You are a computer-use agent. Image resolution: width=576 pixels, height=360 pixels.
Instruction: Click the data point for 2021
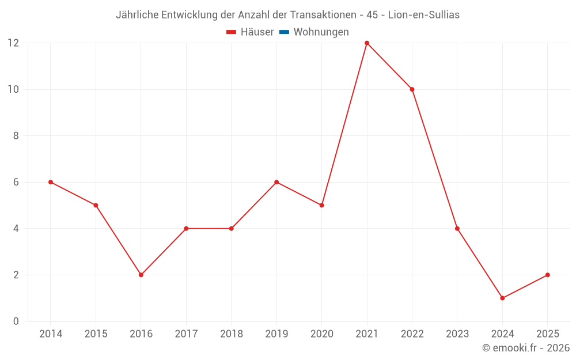[x=367, y=43]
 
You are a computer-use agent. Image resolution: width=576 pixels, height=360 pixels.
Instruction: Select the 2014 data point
[x=51, y=182]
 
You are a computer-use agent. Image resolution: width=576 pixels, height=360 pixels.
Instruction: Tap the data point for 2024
[x=502, y=298]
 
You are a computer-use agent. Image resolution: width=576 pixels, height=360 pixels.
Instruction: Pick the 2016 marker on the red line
[x=141, y=275]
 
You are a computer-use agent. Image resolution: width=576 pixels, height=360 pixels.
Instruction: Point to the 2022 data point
[x=412, y=89]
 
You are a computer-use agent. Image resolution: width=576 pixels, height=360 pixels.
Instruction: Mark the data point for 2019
[x=276, y=182]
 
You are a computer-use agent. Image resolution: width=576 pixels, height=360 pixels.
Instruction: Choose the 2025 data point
[x=547, y=275]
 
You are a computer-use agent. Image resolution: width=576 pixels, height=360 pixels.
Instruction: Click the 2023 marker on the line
[x=457, y=229]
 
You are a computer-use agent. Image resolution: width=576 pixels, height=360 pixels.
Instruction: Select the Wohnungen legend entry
[x=321, y=32]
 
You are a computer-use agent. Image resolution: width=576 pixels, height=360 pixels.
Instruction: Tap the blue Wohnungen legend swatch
[x=284, y=32]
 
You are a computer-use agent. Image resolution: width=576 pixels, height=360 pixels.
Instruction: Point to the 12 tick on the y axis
[x=13, y=43]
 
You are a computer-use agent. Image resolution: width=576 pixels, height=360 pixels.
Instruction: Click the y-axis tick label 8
[x=16, y=136]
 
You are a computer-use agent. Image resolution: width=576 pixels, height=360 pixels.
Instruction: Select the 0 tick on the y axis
[x=16, y=321]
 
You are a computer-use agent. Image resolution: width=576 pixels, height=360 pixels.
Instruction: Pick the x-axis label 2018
[x=231, y=334]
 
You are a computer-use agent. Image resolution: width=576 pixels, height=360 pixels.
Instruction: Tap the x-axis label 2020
[x=321, y=334]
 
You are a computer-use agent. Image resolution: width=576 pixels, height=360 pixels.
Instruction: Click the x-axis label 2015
[x=96, y=334]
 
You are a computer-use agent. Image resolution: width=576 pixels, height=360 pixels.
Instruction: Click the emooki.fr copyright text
[x=526, y=348]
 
